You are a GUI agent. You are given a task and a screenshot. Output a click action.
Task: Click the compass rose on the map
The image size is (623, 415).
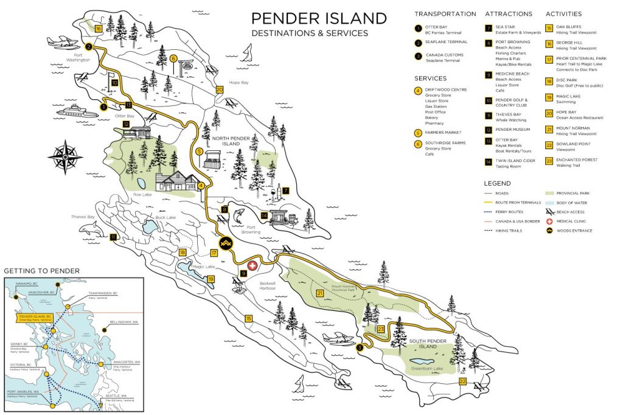point(65,157)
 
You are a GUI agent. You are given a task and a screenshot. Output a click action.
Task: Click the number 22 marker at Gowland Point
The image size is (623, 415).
point(463,382)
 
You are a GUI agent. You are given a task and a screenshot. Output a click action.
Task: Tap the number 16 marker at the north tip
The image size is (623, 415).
point(98,29)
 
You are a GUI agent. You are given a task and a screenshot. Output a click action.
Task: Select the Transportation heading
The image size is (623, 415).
point(445,14)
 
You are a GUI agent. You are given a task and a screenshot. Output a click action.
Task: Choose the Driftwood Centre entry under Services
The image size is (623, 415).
point(447,90)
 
